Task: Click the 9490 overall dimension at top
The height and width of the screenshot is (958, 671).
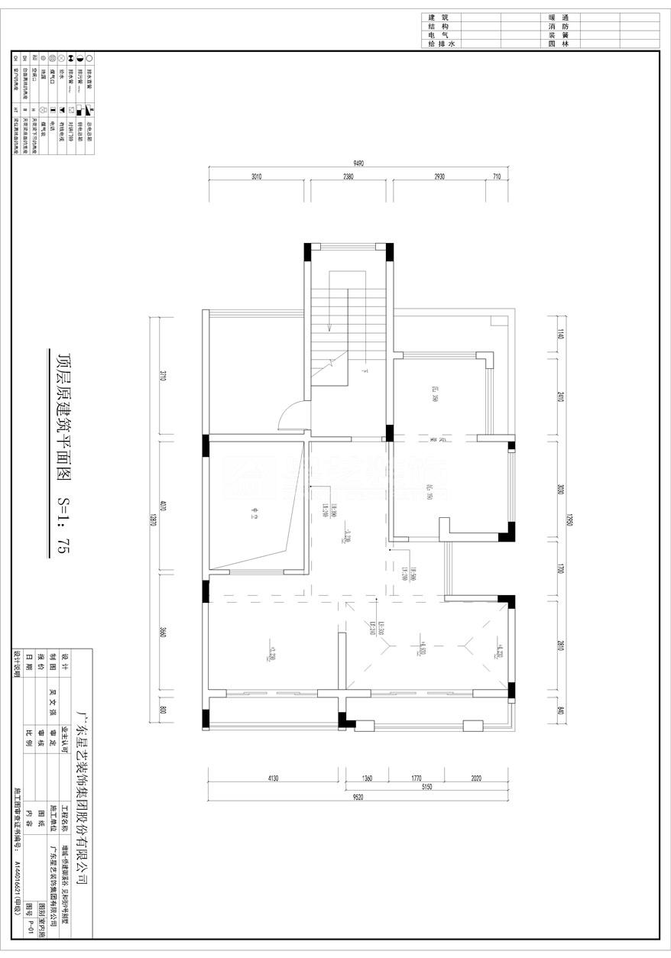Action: (358, 163)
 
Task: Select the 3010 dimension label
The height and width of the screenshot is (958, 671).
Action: (256, 176)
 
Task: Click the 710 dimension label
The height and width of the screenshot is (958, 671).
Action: (497, 176)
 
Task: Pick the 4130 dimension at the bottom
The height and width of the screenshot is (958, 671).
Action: (274, 778)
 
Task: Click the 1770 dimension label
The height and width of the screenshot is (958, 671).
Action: (416, 778)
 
